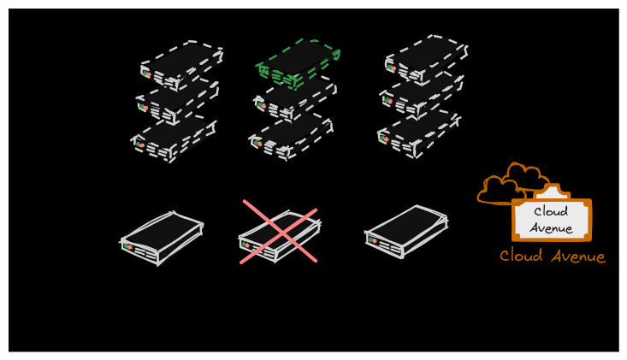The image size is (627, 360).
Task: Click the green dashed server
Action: (298, 63)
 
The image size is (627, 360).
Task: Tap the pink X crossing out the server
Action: (279, 232)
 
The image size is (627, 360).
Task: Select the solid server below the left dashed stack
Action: (162, 238)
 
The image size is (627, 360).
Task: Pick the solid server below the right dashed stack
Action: (406, 232)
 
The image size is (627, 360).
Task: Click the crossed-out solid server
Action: (279, 236)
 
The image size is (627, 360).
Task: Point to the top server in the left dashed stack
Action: (182, 65)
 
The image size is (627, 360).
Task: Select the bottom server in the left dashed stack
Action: (173, 139)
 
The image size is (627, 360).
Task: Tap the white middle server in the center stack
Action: (295, 100)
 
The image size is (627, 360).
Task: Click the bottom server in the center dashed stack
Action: (290, 137)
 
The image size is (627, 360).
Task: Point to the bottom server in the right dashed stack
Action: (419, 134)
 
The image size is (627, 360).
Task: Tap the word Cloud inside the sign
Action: (551, 211)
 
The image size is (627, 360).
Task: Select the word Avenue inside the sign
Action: (551, 227)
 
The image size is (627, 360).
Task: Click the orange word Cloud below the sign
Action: (521, 256)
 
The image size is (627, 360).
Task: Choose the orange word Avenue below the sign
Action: (578, 257)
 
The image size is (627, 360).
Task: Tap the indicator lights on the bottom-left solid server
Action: (128, 246)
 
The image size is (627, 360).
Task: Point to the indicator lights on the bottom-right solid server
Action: (373, 240)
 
